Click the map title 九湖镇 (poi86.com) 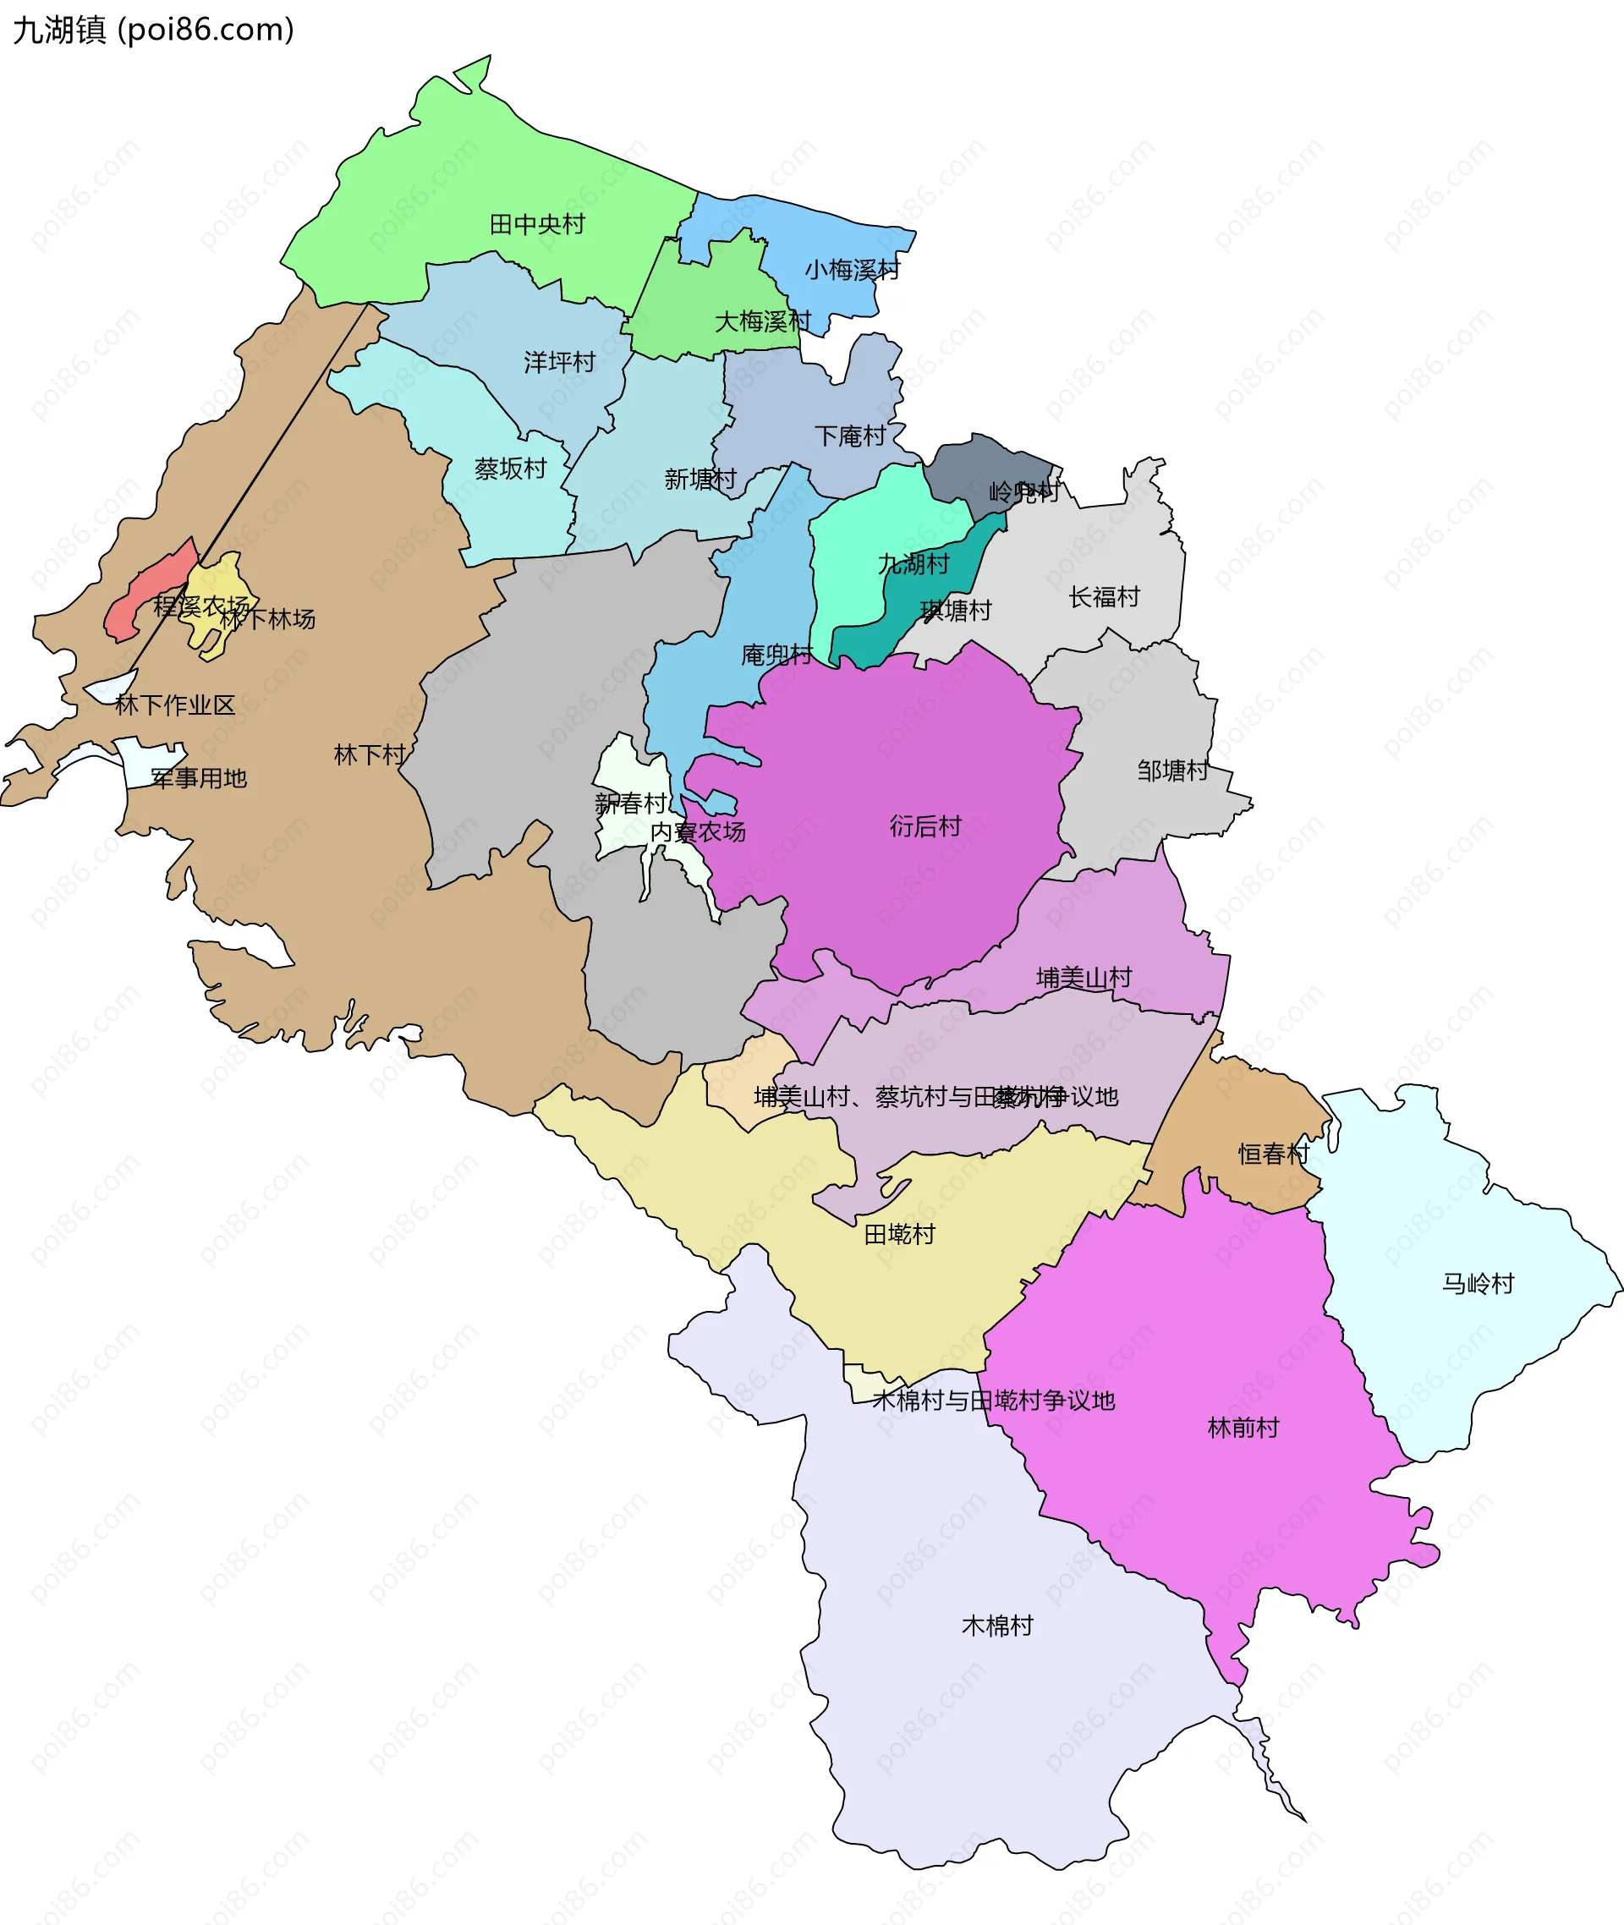(153, 30)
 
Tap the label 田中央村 (537, 225)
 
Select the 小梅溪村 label (852, 270)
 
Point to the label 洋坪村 (560, 362)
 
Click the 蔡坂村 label (510, 469)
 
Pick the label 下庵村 (850, 436)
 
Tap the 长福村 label (1104, 597)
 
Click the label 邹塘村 (1172, 771)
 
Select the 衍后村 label (925, 825)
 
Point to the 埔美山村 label (1084, 978)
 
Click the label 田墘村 (899, 1234)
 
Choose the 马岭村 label (1478, 1283)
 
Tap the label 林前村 (1243, 1428)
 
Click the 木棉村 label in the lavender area (997, 1626)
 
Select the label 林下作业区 (175, 705)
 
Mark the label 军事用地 (199, 779)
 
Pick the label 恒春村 (1273, 1154)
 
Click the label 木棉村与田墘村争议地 (993, 1401)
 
